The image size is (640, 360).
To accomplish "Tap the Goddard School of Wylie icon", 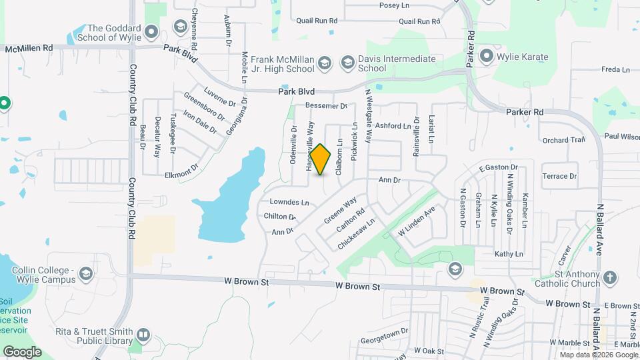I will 152,32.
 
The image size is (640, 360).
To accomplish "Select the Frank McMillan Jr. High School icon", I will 324,63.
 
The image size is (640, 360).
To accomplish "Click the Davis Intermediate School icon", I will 347,63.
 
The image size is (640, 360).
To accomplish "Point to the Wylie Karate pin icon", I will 486,57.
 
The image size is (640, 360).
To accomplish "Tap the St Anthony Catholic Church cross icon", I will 609,277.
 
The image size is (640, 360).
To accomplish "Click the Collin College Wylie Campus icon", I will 86,274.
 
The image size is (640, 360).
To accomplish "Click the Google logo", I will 22,351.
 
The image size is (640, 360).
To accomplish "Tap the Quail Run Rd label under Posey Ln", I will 415,21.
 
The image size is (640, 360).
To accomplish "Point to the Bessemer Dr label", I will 326,106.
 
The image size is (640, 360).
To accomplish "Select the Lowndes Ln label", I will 289,202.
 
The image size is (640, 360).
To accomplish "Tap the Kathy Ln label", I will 509,254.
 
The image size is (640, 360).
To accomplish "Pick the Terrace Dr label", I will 559,176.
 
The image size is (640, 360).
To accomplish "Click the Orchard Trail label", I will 563,140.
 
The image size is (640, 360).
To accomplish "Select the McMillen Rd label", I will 29,48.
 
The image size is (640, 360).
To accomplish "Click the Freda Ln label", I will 615,69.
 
